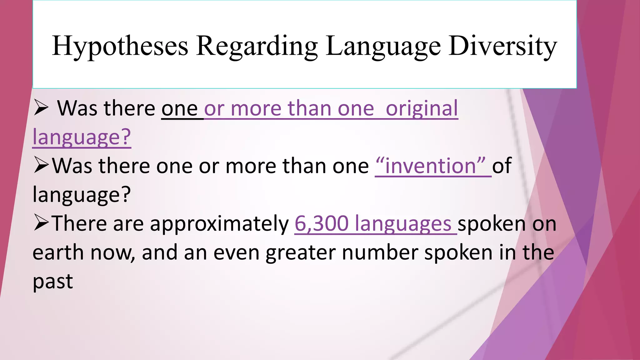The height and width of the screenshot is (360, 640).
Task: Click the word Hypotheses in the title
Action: [x=120, y=46]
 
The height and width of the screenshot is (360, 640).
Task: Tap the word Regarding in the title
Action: [x=257, y=46]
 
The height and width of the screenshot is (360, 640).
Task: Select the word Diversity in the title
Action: [x=502, y=46]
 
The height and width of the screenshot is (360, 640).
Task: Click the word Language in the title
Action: [x=383, y=46]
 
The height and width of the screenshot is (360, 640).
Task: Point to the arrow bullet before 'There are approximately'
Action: [x=41, y=223]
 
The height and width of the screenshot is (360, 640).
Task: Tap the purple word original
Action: [x=422, y=108]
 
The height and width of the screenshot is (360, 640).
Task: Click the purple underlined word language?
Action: [x=82, y=137]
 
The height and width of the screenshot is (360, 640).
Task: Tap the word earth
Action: [x=58, y=252]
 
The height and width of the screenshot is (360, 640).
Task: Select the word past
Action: [x=52, y=281]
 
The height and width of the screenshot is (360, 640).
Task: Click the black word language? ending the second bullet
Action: [x=82, y=195]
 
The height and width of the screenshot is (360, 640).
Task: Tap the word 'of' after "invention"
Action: [x=502, y=166]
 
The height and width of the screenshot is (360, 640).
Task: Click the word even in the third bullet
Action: [x=236, y=252]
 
